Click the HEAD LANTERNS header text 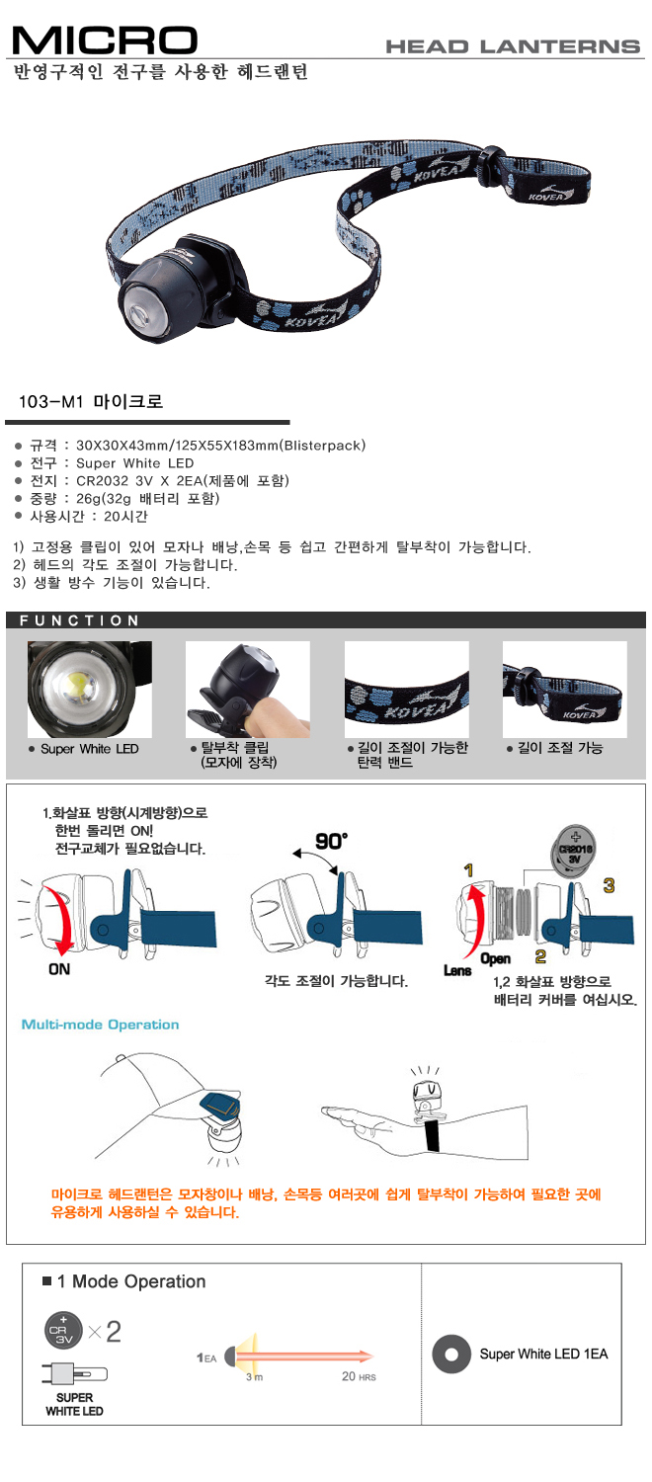tap(513, 46)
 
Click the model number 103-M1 tap(50, 401)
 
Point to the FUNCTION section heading tap(79, 619)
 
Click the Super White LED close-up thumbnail tap(89, 689)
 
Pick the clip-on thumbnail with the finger tap(247, 689)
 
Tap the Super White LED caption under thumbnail tap(89, 748)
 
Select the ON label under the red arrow tap(59, 969)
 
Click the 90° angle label tap(331, 841)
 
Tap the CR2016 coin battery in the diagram tap(574, 850)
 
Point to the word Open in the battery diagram tap(495, 958)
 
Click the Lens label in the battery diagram tap(457, 970)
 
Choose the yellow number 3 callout tap(609, 885)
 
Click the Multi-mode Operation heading tap(101, 1025)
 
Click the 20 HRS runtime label tap(359, 1377)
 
